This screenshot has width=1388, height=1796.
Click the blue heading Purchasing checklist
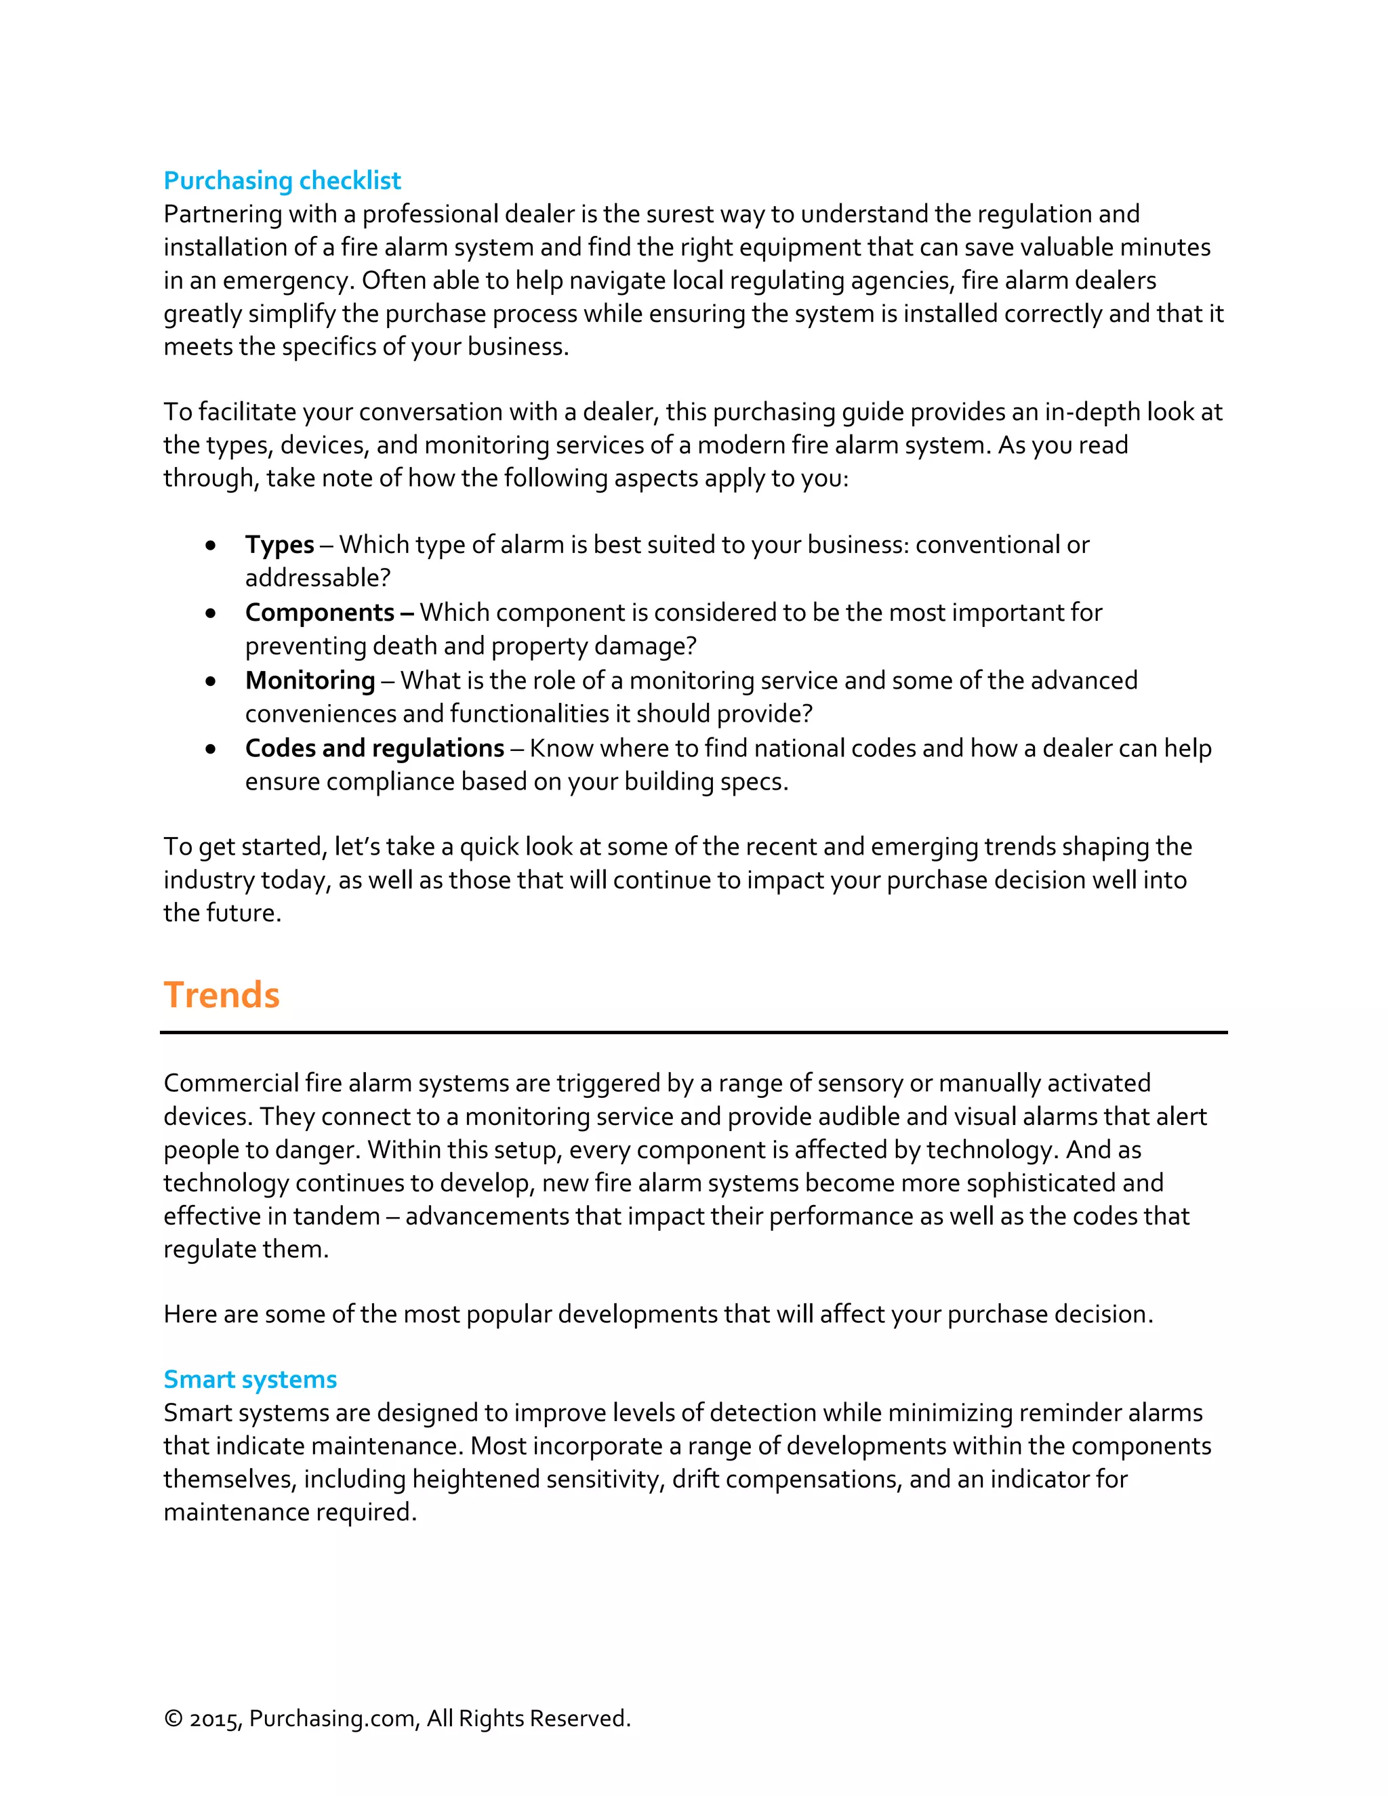[x=282, y=180]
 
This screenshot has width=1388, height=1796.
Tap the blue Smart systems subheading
[x=250, y=1379]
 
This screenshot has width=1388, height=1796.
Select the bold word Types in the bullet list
[x=280, y=544]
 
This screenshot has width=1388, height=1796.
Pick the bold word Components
[x=320, y=613]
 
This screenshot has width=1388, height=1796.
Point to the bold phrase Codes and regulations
[x=374, y=748]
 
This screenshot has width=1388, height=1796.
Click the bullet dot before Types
[x=211, y=545]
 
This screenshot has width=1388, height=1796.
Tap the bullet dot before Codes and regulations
[x=211, y=749]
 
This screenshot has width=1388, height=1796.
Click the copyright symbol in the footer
[x=173, y=1719]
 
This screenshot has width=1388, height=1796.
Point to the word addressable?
[x=317, y=578]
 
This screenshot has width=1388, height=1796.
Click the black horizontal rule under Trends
[x=693, y=1032]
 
